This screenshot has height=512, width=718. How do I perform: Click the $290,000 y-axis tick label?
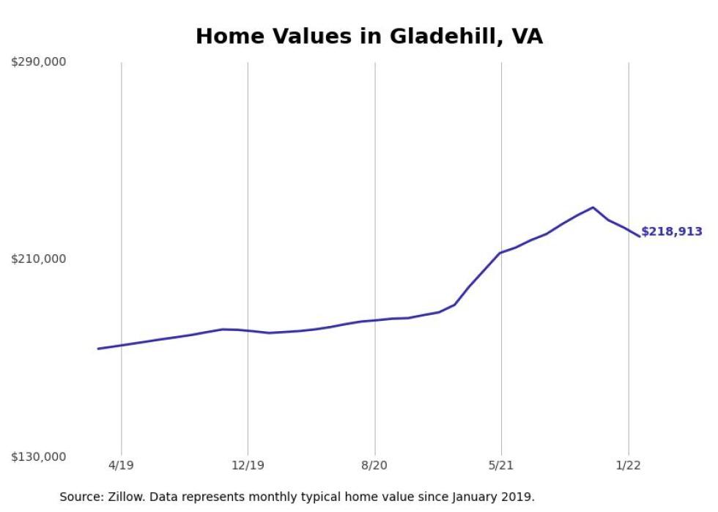point(38,62)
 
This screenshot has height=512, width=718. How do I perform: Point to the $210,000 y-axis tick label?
point(38,259)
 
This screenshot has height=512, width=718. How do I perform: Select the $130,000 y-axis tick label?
point(38,456)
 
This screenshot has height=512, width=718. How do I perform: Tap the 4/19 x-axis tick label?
point(122,466)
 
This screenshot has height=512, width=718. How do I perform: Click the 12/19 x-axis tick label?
point(248,466)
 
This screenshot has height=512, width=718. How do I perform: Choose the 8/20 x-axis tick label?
point(374,466)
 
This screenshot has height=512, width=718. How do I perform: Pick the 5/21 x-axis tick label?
point(501,466)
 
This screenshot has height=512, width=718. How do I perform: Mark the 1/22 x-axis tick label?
point(628,466)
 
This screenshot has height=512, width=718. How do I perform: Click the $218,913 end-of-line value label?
point(671,231)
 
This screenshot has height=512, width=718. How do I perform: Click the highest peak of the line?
point(593,207)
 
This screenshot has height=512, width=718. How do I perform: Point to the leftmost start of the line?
point(98,349)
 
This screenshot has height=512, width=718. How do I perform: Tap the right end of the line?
point(640,236)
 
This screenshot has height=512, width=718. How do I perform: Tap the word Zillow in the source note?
point(119,497)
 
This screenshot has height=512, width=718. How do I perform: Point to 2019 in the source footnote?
point(519,497)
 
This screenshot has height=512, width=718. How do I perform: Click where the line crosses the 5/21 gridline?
point(501,252)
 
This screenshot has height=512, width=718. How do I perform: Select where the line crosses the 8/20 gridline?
point(374,320)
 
